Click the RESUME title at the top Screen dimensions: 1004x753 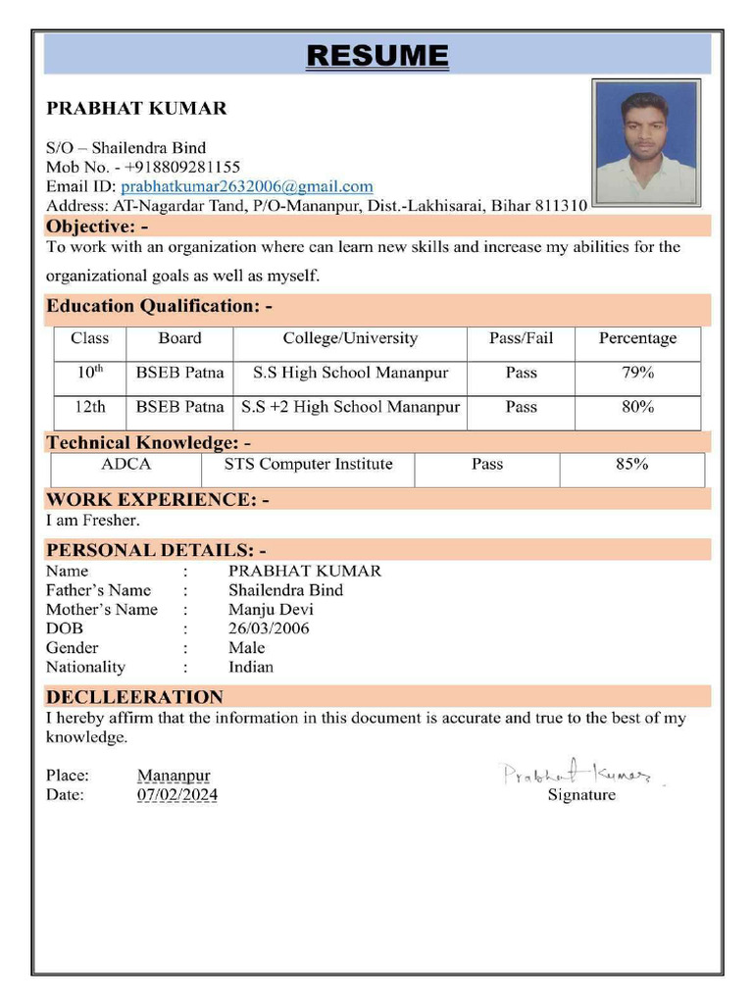[x=377, y=55]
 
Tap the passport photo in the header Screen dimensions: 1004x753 [x=645, y=141]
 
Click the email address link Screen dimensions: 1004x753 [x=246, y=186]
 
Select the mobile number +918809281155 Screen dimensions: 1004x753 [x=182, y=167]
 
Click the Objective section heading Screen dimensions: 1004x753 [x=97, y=226]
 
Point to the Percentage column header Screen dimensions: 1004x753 [x=637, y=338]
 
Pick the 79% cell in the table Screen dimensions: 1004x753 [x=637, y=373]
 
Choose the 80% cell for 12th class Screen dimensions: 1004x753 [x=637, y=406]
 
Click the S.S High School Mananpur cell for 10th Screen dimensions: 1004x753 [x=350, y=373]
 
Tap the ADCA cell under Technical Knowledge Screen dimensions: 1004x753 [x=125, y=465]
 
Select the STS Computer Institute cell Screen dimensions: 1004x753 [x=308, y=465]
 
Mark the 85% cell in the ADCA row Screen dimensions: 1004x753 [x=631, y=465]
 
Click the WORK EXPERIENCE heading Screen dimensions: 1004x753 [x=157, y=499]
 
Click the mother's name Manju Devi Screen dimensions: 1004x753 [x=271, y=609]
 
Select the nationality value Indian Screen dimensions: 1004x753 [x=251, y=667]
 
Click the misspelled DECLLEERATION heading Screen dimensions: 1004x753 [x=134, y=697]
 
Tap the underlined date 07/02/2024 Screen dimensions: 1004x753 [x=177, y=795]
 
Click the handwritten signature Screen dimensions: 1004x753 [x=578, y=774]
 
